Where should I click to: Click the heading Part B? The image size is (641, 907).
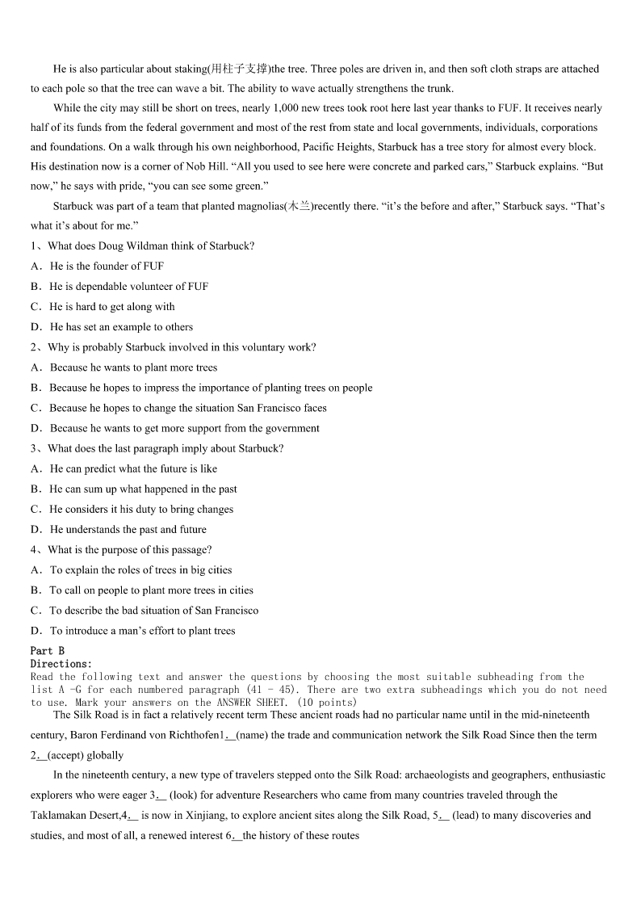click(48, 650)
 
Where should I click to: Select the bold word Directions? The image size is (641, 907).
click(61, 664)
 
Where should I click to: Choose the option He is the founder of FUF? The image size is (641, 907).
click(107, 266)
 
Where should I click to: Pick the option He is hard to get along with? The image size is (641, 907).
click(111, 307)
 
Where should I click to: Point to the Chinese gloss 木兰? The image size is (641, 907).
click(300, 206)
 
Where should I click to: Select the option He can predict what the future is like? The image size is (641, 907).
click(133, 468)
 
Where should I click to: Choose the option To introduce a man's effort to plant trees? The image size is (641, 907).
click(142, 631)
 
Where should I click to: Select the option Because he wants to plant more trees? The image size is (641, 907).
click(133, 367)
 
